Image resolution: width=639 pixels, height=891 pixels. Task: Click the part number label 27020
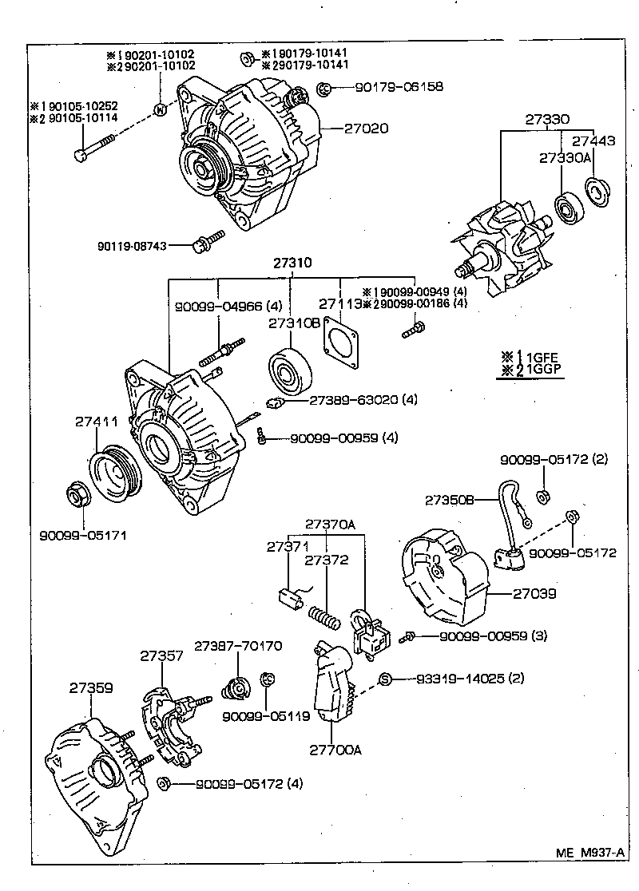367,128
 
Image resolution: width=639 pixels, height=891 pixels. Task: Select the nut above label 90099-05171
77,499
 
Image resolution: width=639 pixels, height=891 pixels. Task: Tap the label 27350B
450,501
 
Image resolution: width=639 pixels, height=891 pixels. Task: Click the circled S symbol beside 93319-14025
384,679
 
